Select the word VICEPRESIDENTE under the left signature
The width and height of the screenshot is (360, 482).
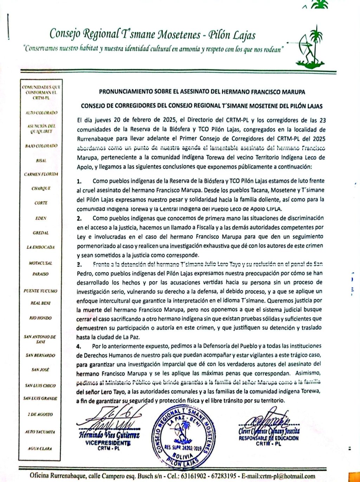(x=108, y=443)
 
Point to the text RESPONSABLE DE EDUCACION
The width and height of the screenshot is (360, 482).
(x=269, y=438)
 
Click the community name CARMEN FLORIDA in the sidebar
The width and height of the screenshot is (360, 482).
(x=41, y=174)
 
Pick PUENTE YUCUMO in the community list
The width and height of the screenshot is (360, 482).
(x=40, y=291)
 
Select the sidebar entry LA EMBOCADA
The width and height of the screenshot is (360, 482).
(x=41, y=247)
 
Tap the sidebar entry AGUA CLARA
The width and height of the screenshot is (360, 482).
(x=40, y=449)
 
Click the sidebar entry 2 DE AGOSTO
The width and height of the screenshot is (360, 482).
(x=40, y=415)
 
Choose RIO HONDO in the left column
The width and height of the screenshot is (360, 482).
(x=40, y=318)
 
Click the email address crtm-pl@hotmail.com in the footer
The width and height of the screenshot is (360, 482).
(x=288, y=476)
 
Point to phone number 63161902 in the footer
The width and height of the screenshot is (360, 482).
(x=194, y=476)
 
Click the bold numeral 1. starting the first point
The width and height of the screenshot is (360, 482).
(x=79, y=181)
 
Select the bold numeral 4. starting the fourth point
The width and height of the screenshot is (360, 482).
(x=79, y=346)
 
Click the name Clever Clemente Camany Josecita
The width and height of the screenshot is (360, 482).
(x=269, y=431)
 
